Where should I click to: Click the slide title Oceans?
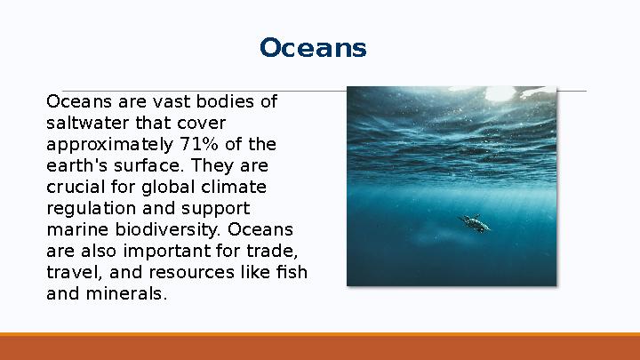pos(313,48)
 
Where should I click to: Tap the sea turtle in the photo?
pos(475,222)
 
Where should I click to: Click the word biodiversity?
pos(156,230)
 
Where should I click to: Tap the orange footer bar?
pos(320,348)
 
